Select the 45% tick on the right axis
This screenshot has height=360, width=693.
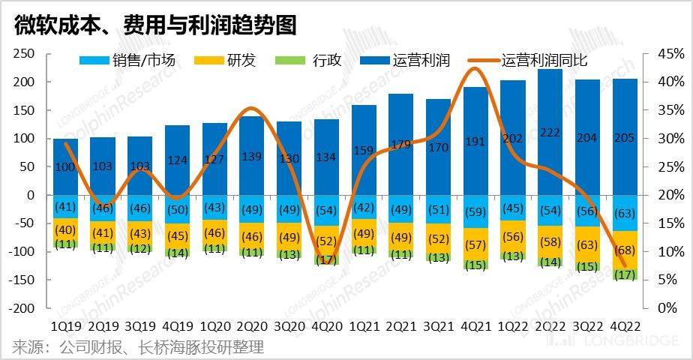[670, 54]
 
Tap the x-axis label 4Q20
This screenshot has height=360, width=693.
[326, 327]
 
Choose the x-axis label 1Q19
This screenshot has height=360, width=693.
[65, 327]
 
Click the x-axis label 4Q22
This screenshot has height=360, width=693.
[624, 327]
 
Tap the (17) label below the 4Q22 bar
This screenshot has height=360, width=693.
[624, 275]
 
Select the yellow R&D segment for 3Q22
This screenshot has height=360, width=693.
[586, 244]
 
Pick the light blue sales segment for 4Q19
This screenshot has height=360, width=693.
[178, 209]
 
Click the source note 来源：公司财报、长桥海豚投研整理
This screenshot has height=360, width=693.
[138, 347]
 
